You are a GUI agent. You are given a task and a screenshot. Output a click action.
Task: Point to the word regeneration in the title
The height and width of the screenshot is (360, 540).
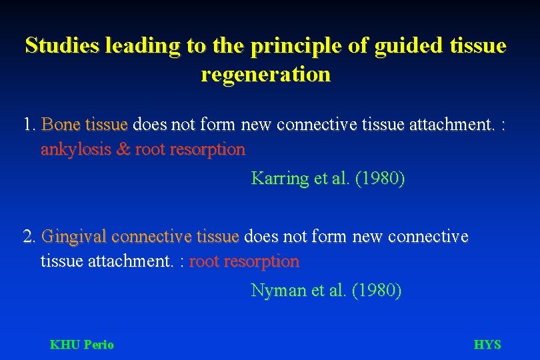point(265,74)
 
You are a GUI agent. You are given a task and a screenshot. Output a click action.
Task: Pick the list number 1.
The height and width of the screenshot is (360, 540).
point(28,125)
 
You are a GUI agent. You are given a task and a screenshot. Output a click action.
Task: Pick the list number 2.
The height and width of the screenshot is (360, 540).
point(28,237)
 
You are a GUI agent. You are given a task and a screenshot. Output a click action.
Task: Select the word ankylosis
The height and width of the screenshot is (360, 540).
point(76,149)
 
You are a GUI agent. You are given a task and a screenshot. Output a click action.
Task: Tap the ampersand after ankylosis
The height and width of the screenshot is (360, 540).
point(123,149)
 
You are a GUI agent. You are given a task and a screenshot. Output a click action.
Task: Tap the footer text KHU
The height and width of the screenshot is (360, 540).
point(64,345)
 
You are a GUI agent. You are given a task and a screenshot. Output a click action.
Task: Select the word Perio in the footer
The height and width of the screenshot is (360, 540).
point(98,345)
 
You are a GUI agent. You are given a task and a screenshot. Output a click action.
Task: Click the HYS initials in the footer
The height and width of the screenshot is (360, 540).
point(487,345)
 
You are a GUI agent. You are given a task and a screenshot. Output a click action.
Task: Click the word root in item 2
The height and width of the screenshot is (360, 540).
point(204,261)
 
